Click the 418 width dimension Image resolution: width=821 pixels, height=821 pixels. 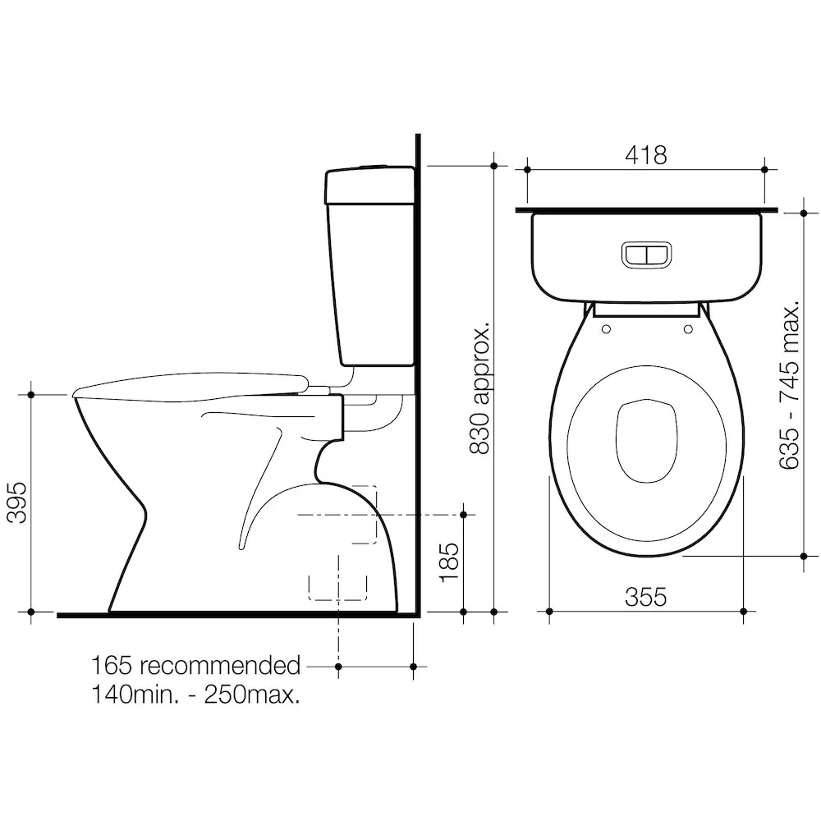645,155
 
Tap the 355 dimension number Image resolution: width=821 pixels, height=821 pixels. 645,596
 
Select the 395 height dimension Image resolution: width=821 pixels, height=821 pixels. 16,502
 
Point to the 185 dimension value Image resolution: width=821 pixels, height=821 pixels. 449,562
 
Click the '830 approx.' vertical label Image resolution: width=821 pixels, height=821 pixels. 479,388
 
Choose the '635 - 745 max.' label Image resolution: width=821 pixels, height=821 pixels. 789,385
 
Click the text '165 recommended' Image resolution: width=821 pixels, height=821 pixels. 196,666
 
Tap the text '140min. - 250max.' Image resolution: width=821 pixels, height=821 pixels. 196,695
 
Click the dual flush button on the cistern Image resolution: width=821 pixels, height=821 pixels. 646,255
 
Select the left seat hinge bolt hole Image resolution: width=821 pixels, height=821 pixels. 607,329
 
